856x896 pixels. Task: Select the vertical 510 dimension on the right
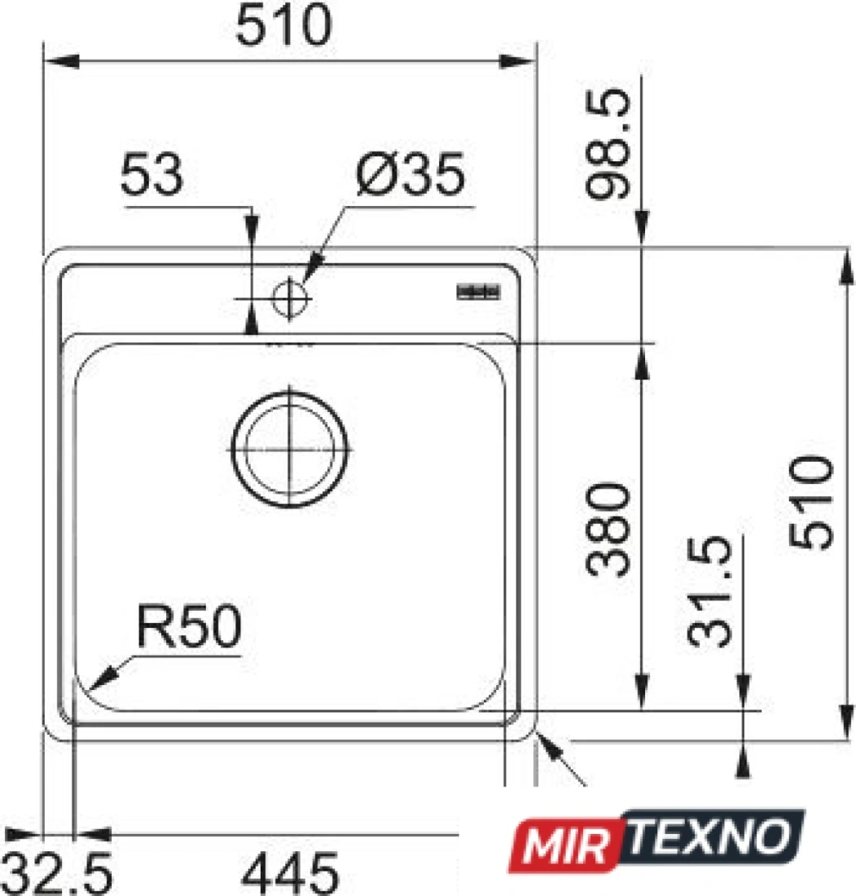[811, 503]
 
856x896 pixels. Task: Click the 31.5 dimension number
[709, 591]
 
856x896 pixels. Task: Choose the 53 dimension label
[152, 173]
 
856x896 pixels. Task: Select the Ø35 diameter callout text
[410, 174]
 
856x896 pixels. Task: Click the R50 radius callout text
[189, 626]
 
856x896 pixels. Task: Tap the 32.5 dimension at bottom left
[58, 874]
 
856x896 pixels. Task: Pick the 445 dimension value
[291, 874]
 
